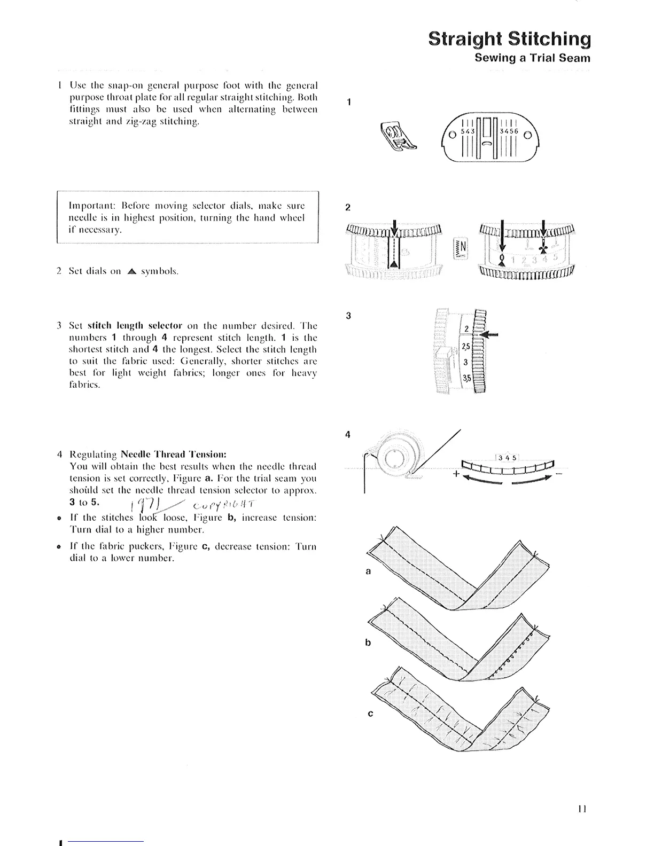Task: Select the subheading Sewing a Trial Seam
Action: (x=532, y=58)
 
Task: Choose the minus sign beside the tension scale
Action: (x=558, y=473)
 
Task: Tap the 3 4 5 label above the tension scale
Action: (x=507, y=458)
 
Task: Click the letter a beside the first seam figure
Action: (x=368, y=571)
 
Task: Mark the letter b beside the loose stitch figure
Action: (x=368, y=643)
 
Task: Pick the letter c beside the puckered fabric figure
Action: (x=370, y=714)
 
